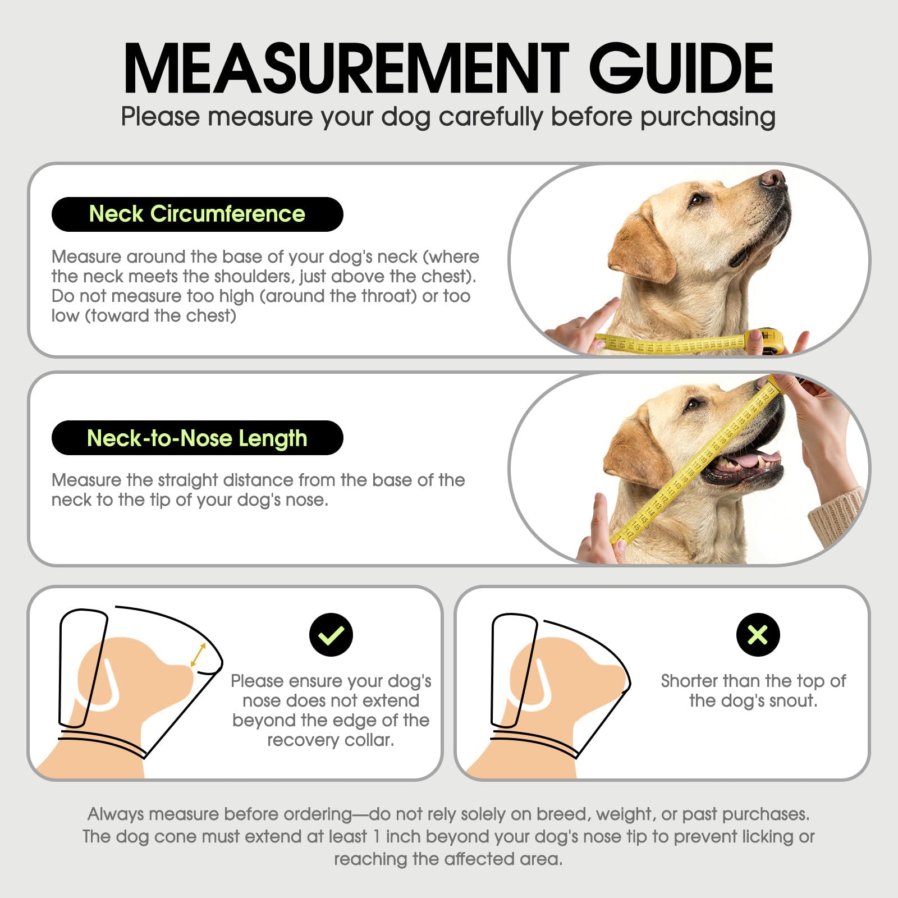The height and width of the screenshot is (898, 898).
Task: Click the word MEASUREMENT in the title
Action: pyautogui.click(x=346, y=68)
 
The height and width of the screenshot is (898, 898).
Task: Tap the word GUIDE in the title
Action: pyautogui.click(x=681, y=68)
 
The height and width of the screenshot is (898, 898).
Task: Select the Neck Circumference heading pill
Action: pyautogui.click(x=197, y=214)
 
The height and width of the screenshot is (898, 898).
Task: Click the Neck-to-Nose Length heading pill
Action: pyautogui.click(x=197, y=438)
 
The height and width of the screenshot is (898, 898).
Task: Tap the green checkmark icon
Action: pyautogui.click(x=331, y=635)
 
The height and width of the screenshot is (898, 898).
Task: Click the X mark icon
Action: pyautogui.click(x=758, y=635)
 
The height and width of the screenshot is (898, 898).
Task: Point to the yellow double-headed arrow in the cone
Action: pyautogui.click(x=198, y=655)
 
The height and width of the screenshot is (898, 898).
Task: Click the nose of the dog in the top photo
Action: pyautogui.click(x=773, y=178)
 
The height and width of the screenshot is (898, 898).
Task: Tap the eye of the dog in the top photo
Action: pyautogui.click(x=697, y=199)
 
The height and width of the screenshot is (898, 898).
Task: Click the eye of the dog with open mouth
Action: pyautogui.click(x=694, y=404)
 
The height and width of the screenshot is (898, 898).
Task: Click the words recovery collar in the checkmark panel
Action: pyautogui.click(x=331, y=740)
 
